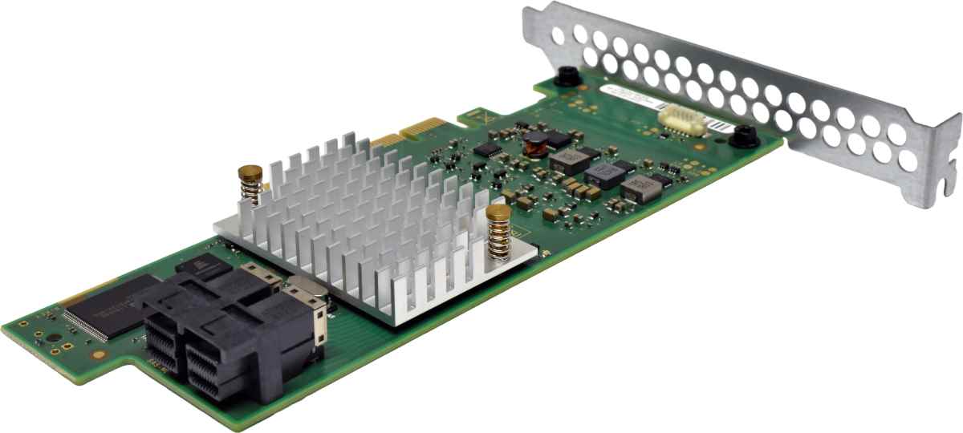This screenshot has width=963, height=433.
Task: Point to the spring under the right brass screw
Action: pos(500,238)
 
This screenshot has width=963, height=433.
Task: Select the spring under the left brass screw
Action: pos(251,192)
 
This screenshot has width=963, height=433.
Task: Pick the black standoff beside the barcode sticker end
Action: pos(745,136)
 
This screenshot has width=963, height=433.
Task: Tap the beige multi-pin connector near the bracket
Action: pos(681,119)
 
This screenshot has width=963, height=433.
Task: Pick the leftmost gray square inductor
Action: pos(568,160)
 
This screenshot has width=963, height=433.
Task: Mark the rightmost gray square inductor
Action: pos(643,188)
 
